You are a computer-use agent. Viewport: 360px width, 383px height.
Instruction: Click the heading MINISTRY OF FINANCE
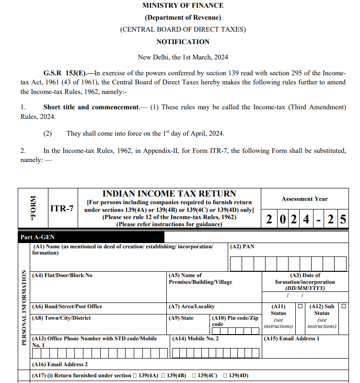(x=183, y=6)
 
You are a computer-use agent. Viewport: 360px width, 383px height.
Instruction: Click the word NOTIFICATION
(x=183, y=42)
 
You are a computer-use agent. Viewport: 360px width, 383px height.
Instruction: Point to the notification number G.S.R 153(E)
(x=65, y=73)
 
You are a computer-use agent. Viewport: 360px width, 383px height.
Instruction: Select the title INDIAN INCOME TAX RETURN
(x=170, y=194)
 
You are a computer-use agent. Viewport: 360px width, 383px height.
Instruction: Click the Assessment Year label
(x=305, y=198)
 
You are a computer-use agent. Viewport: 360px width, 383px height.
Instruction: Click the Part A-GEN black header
(x=36, y=237)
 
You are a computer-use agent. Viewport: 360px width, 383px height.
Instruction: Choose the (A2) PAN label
(x=242, y=246)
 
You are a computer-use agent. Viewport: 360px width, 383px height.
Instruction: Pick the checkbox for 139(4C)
(x=195, y=376)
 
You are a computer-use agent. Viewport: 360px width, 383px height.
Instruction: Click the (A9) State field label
(x=181, y=318)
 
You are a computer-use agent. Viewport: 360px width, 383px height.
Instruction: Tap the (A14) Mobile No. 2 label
(x=195, y=338)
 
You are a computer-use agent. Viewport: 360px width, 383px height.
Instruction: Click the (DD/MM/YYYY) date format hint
(x=305, y=289)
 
